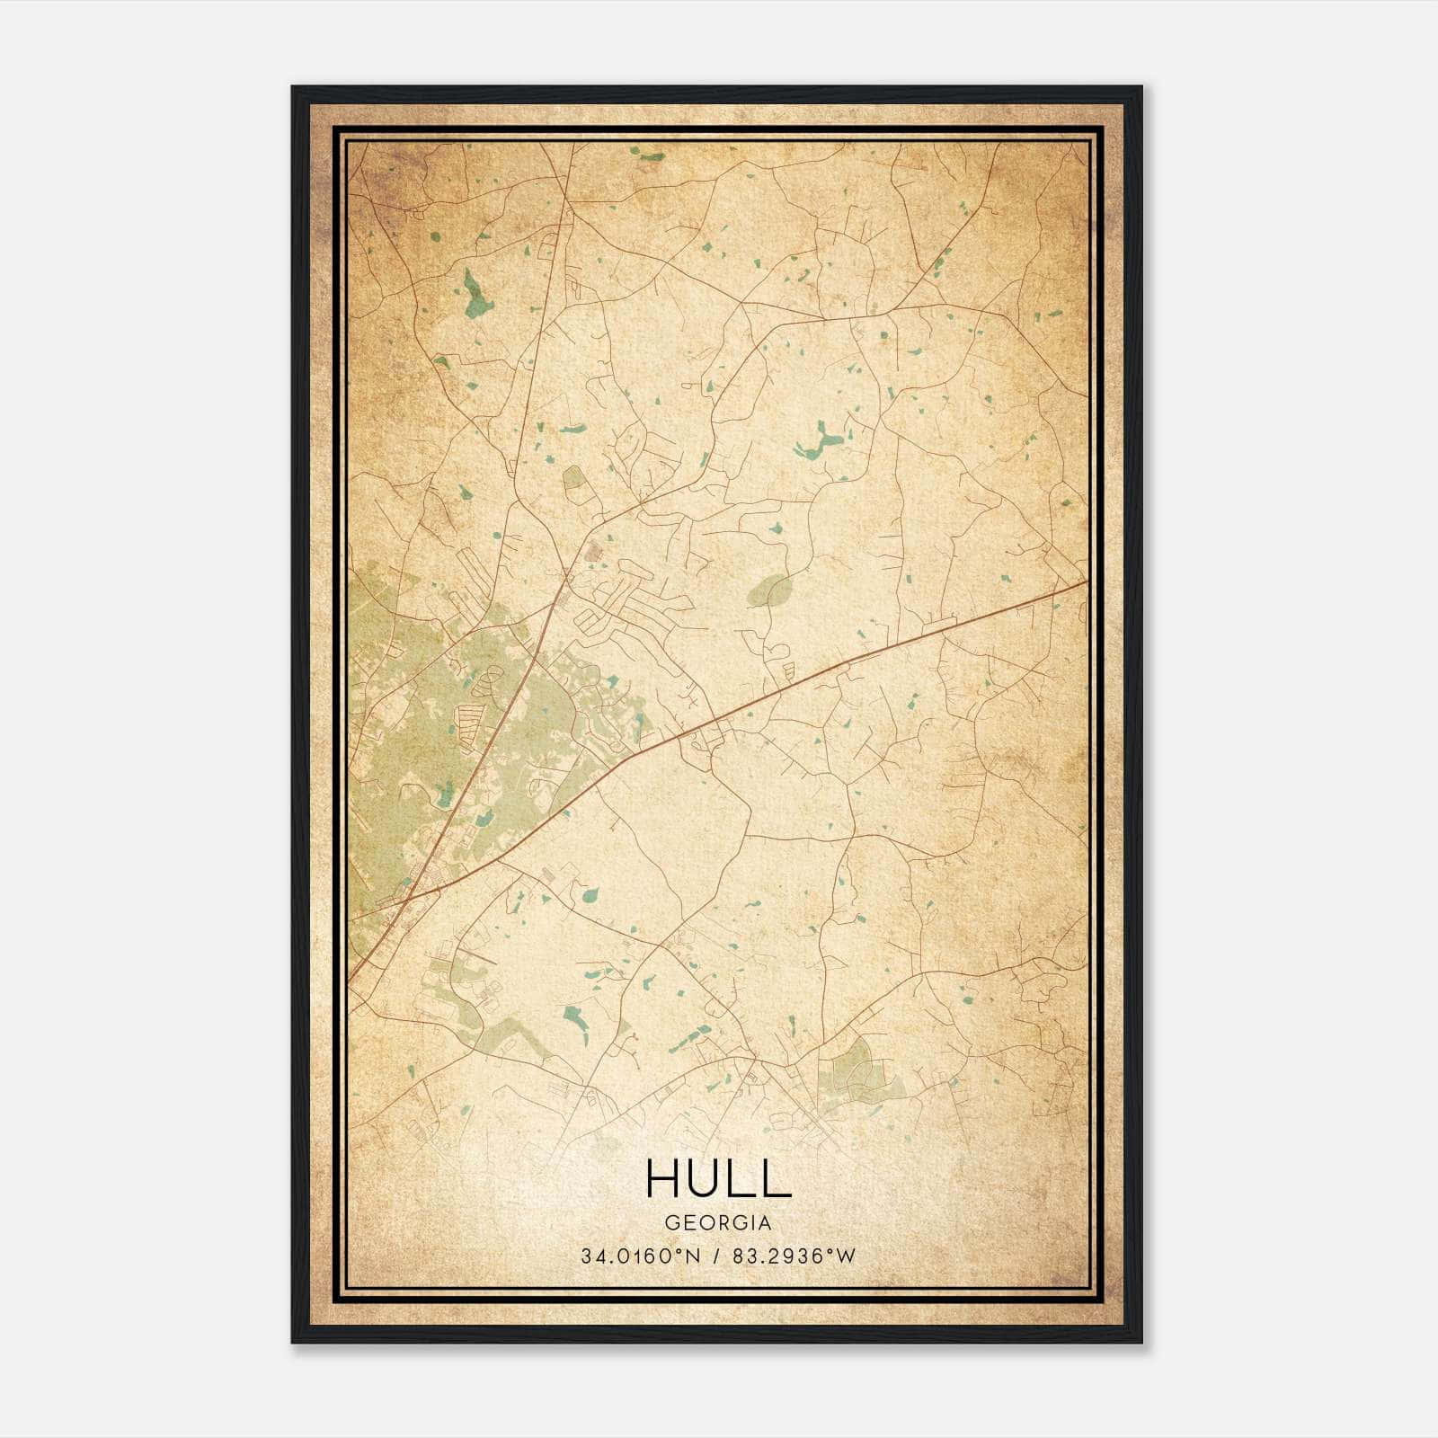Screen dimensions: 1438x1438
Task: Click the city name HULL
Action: (718, 1178)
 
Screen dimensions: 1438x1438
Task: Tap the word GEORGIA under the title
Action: (718, 1223)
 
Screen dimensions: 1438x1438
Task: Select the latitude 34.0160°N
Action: (639, 1256)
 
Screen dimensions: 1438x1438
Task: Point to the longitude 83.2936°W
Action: (794, 1256)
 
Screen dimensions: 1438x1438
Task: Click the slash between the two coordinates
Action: (716, 1256)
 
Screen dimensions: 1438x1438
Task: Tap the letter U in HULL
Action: (709, 1178)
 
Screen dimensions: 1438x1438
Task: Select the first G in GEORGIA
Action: (671, 1223)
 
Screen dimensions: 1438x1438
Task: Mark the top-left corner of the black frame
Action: (293, 87)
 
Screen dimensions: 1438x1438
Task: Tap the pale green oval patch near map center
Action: (770, 590)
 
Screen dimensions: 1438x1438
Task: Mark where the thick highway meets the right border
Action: (1087, 582)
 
